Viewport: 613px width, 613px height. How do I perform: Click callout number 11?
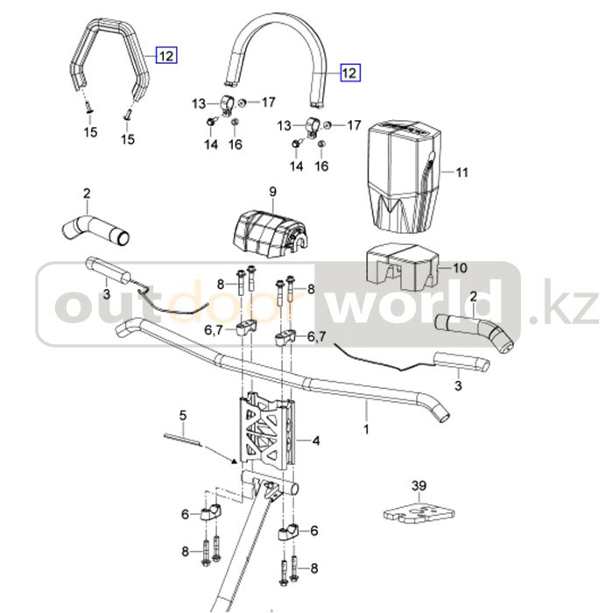point(462,173)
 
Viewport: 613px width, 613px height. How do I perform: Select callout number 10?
point(461,268)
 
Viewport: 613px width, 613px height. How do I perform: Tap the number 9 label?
point(272,192)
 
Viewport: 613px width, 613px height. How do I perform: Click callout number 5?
point(183,414)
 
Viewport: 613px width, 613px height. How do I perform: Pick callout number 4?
point(315,440)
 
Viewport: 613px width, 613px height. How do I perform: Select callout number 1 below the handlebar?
point(366,429)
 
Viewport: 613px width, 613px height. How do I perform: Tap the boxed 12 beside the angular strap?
point(166,55)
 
